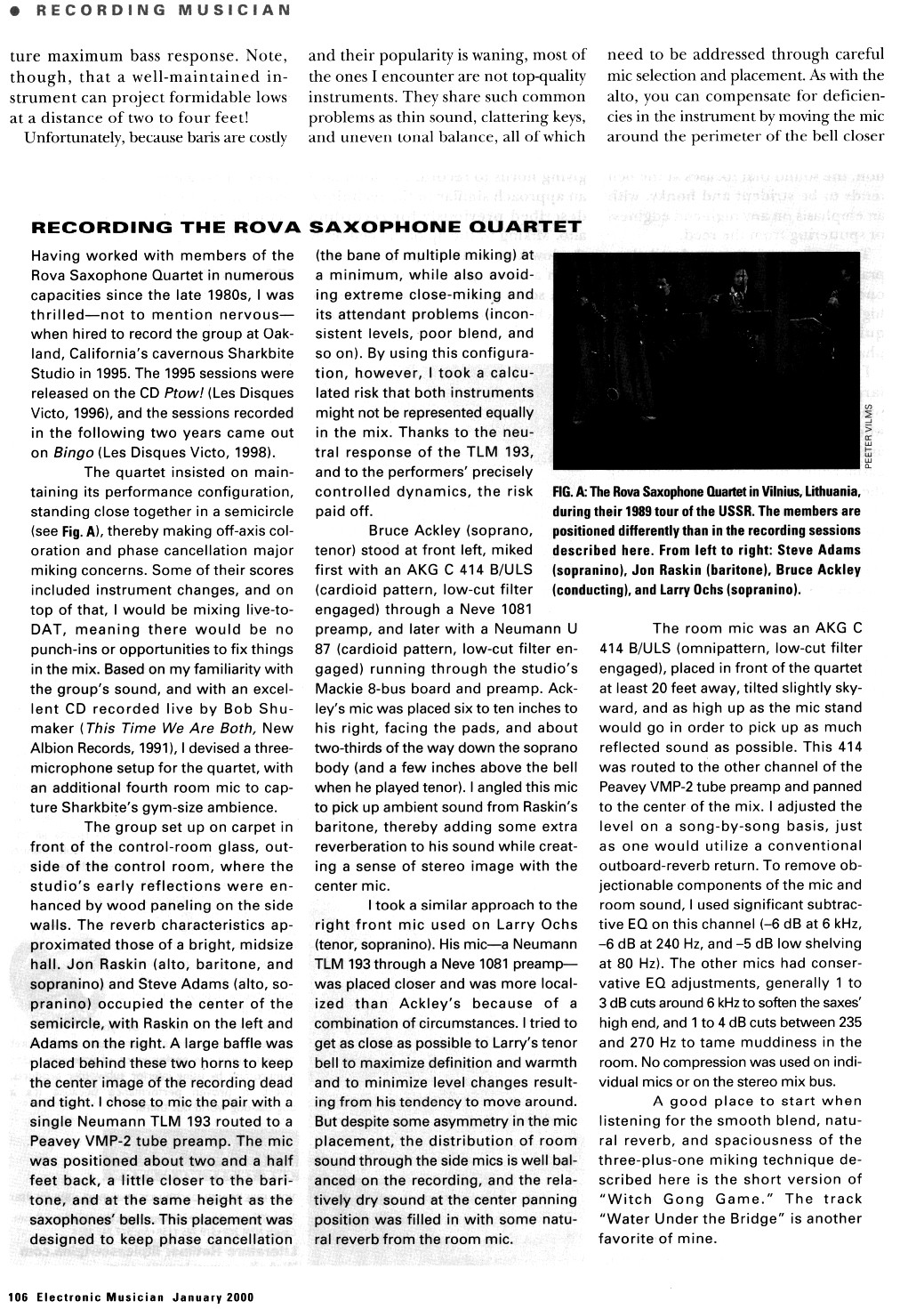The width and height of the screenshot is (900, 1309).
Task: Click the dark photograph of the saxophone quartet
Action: click(706, 360)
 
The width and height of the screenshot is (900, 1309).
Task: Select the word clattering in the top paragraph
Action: click(495, 117)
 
